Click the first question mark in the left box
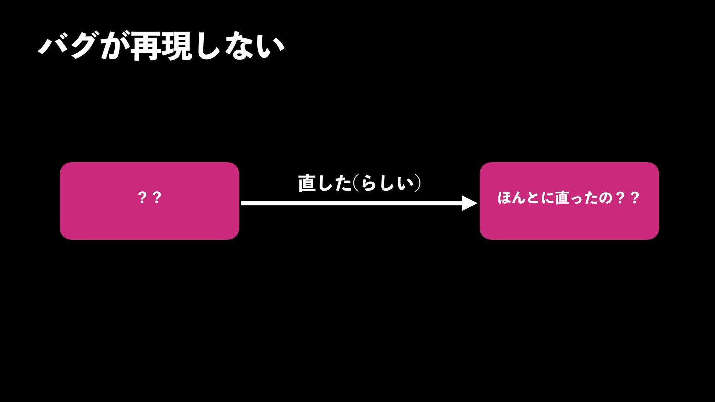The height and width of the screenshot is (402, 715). (x=142, y=198)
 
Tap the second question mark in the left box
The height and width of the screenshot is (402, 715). (x=157, y=198)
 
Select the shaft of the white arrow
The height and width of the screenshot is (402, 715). (x=350, y=203)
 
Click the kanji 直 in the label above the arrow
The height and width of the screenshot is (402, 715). (x=307, y=183)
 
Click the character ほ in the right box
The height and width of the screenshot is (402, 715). (x=506, y=198)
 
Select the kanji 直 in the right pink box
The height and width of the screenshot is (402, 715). (x=562, y=198)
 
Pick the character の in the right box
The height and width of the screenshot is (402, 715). (x=605, y=198)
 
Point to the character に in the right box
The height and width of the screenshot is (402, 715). (x=547, y=198)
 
